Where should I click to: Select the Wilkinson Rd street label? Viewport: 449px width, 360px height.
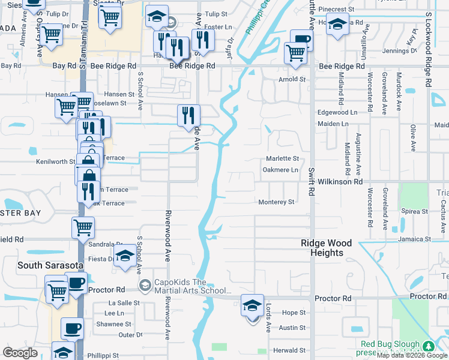[340, 181]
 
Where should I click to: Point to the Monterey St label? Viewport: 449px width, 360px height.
[276, 202]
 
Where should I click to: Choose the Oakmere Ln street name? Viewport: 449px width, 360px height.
[280, 170]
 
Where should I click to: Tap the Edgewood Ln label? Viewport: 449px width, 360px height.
[333, 112]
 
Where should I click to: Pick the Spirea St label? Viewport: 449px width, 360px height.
[415, 211]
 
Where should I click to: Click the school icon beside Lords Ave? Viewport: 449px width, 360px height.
[253, 305]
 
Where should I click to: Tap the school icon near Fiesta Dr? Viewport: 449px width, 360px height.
[125, 255]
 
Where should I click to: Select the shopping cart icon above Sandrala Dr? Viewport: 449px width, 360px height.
[82, 227]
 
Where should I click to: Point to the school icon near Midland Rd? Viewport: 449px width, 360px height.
[337, 26]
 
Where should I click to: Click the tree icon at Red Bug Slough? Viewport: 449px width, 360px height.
[428, 346]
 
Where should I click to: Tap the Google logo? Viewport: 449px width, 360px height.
[20, 353]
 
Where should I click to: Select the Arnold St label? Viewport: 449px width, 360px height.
[292, 79]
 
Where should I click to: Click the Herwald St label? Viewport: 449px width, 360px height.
[290, 350]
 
